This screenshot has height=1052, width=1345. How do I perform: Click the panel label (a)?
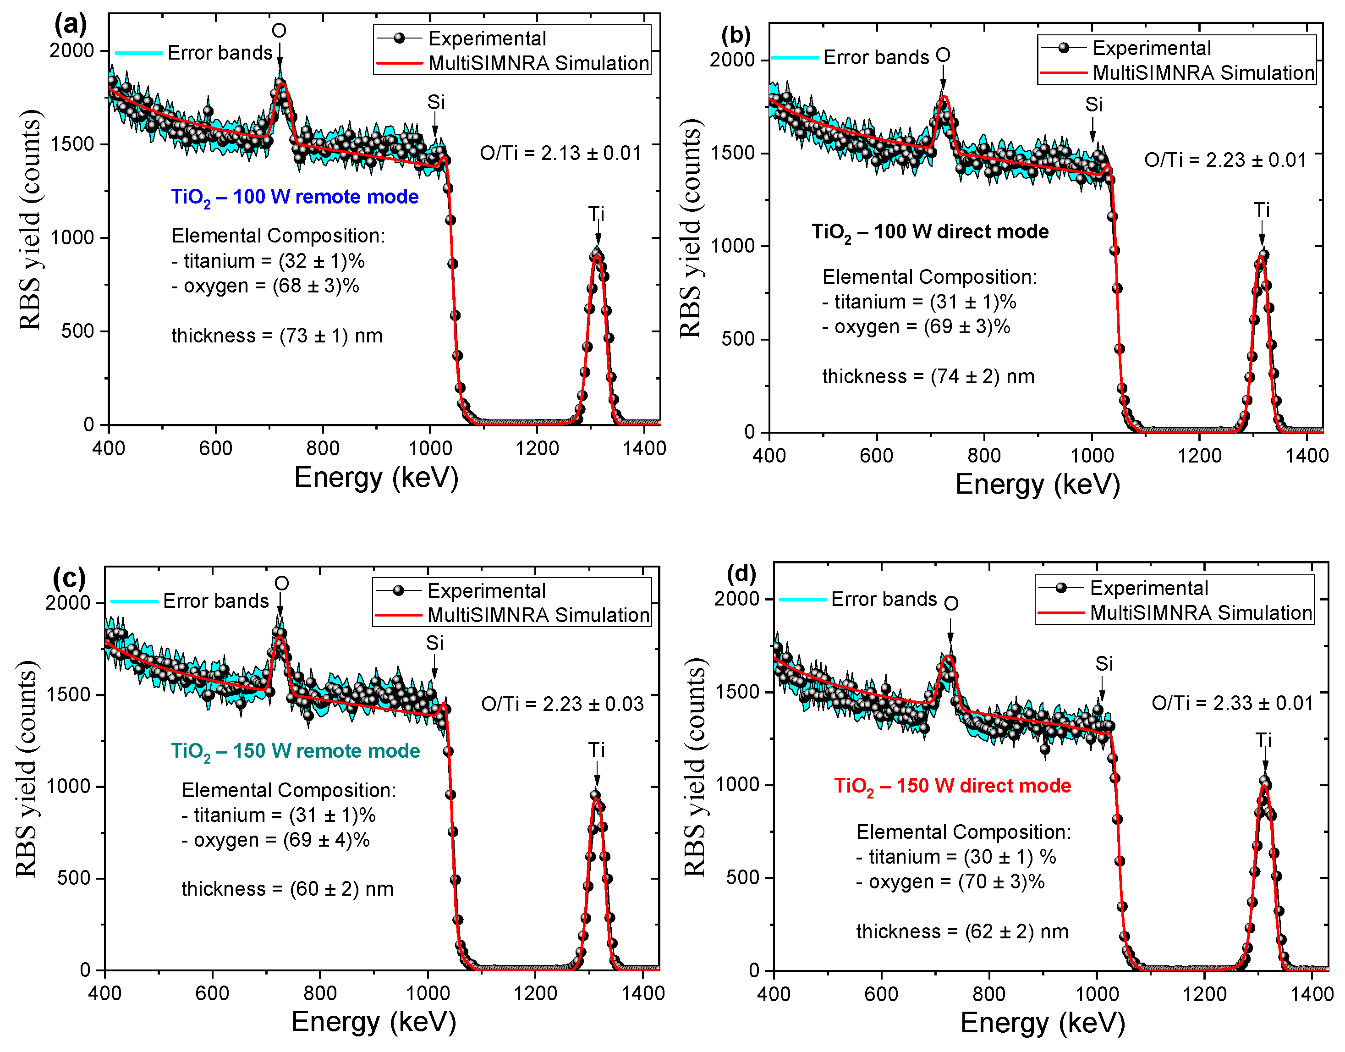[x=70, y=25]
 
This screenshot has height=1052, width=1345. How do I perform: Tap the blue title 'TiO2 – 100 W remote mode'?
[x=294, y=197]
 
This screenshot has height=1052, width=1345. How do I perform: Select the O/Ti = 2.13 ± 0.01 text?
[x=560, y=154]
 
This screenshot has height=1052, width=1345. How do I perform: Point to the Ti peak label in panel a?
[x=596, y=215]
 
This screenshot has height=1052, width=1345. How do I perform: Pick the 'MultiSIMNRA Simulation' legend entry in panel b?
[x=1203, y=73]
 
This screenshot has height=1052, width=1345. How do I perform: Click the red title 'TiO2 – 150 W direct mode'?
[x=952, y=786]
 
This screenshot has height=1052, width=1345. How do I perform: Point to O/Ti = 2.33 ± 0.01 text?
[x=1232, y=703]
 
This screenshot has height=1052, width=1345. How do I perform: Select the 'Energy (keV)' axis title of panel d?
[x=1042, y=1023]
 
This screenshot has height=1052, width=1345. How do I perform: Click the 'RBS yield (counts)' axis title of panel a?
[x=30, y=220]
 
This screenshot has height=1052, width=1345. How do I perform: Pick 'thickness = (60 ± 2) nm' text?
[x=287, y=889]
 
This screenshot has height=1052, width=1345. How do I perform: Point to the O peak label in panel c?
[x=281, y=583]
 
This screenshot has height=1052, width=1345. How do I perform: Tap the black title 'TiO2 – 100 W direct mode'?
[x=929, y=232]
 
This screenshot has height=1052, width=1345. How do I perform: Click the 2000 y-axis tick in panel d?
[x=736, y=598]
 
